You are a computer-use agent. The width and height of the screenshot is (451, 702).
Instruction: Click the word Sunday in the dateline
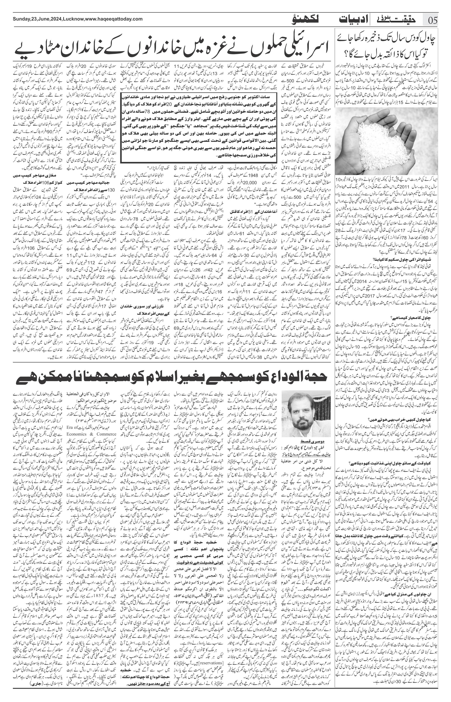tap(21, 19)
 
